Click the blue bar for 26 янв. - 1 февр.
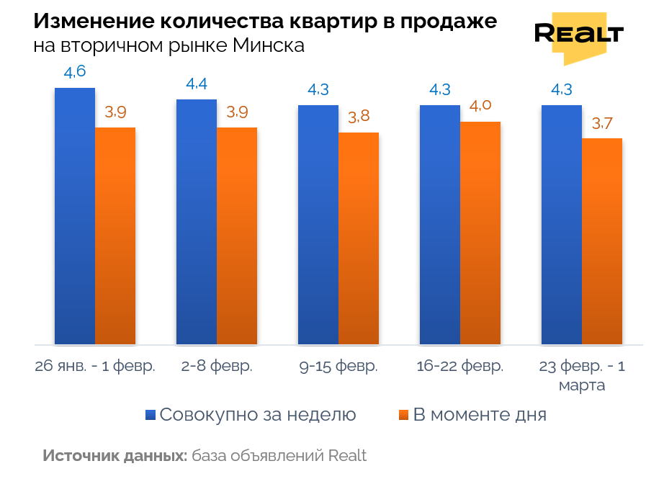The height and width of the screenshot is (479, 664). click(x=75, y=216)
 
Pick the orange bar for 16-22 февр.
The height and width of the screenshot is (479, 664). click(x=480, y=233)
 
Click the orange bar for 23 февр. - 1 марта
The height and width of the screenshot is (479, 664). click(x=602, y=241)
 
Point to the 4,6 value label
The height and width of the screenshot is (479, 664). click(x=75, y=72)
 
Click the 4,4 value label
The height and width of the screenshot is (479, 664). click(x=197, y=84)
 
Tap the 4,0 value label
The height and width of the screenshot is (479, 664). click(x=480, y=106)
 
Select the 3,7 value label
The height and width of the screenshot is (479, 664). click(x=602, y=123)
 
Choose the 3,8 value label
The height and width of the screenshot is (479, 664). click(x=359, y=117)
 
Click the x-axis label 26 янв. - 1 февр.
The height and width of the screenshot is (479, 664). click(x=95, y=366)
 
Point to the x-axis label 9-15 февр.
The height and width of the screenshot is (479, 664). click(x=338, y=366)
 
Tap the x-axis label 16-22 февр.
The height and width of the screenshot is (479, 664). click(x=460, y=366)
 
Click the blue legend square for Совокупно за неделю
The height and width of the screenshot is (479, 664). click(x=151, y=415)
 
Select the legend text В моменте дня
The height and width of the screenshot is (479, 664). click(x=479, y=415)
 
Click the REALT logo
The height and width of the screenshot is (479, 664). click(x=578, y=35)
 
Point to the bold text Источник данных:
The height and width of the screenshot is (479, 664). click(x=115, y=456)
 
